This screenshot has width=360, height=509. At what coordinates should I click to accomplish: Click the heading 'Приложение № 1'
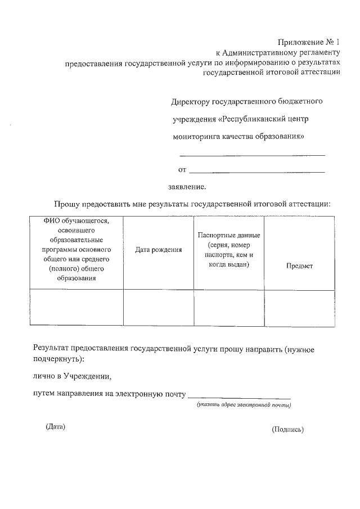tap(310, 43)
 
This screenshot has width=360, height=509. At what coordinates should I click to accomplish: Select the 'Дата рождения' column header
tap(159, 250)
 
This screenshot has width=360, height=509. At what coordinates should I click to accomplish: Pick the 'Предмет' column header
tap(299, 266)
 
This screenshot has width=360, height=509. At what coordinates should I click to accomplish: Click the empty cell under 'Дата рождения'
tap(159, 307)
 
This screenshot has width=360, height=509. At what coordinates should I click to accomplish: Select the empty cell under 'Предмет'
tap(299, 307)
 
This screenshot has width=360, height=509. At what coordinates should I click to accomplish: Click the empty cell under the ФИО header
tap(76, 307)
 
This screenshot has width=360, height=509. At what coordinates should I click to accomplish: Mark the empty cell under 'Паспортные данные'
tap(229, 307)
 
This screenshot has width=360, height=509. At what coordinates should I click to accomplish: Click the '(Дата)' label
tap(56, 427)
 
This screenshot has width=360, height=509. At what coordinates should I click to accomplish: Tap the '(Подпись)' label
tap(287, 430)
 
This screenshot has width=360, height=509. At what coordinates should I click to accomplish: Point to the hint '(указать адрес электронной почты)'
tap(243, 405)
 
